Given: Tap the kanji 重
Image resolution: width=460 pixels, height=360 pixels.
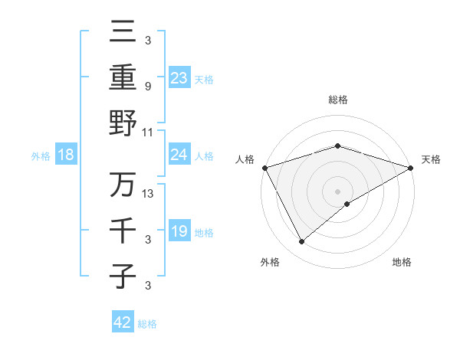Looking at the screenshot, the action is pyautogui.click(x=123, y=77).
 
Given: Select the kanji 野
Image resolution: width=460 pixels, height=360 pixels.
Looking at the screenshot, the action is pyautogui.click(x=123, y=123).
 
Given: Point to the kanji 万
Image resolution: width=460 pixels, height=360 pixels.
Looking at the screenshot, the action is pyautogui.click(x=123, y=185).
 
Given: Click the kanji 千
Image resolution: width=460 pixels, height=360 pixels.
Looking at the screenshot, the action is pyautogui.click(x=123, y=230).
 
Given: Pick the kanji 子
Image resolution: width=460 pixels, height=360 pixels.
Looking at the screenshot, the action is pyautogui.click(x=123, y=276).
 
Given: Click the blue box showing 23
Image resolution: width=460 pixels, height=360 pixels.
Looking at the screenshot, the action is pyautogui.click(x=179, y=77).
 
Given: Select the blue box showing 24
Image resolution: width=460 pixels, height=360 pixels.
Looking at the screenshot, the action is pyautogui.click(x=179, y=155).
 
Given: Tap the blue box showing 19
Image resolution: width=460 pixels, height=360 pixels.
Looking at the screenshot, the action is pyautogui.click(x=179, y=231).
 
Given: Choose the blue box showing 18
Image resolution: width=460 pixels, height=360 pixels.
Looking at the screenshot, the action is pyautogui.click(x=65, y=155).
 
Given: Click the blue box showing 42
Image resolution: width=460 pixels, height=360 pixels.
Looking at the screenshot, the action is pyautogui.click(x=122, y=322).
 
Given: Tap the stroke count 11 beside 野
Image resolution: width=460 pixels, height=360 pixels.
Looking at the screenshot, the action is pyautogui.click(x=148, y=132).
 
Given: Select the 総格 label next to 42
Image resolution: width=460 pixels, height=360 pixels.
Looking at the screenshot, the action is pyautogui.click(x=147, y=323).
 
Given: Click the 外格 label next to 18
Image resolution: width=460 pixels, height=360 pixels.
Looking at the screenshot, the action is pyautogui.click(x=41, y=156).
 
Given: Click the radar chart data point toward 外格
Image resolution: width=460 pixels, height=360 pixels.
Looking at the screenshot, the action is pyautogui.click(x=302, y=242).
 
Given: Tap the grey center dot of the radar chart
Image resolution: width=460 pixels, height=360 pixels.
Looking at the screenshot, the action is pyautogui.click(x=337, y=191).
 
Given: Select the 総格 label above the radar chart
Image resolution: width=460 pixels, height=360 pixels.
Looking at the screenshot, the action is pyautogui.click(x=337, y=100).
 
